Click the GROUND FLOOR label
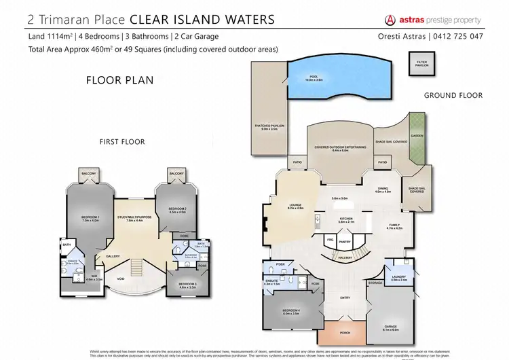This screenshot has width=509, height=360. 453,96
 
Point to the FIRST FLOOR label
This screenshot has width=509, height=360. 123,141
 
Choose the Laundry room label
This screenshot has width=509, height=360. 399,278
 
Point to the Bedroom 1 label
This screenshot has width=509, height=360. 90,219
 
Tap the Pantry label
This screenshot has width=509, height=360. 344,241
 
